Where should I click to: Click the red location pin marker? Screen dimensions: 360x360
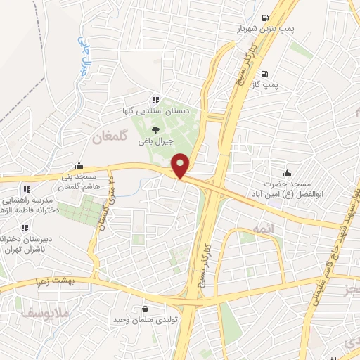tap(181, 165)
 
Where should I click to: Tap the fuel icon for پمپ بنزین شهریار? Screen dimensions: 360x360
tap(264, 18)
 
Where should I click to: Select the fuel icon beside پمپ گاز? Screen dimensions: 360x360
tap(264, 74)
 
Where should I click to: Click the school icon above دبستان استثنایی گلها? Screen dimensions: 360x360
tap(155, 100)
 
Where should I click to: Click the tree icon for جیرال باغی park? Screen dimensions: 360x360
tap(155, 129)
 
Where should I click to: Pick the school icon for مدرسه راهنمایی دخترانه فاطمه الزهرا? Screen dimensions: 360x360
tap(27, 189)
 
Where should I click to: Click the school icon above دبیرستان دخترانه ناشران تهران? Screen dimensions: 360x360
tap(25, 228)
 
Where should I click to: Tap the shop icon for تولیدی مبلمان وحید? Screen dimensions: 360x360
tap(145, 308)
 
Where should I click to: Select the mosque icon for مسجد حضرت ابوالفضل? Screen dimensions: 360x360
tap(287, 172)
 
